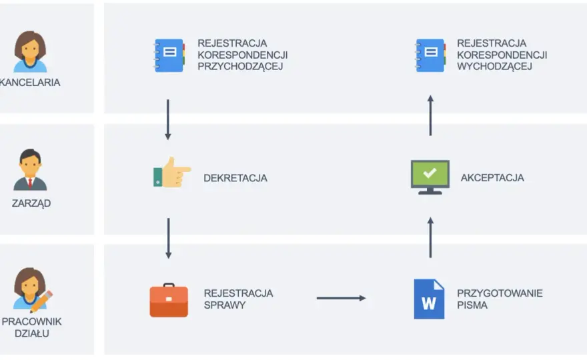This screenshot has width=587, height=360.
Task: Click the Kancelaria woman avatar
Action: (x=30, y=51)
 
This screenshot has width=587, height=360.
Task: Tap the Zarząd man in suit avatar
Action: (x=30, y=169)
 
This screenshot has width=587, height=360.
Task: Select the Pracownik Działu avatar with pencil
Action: (x=33, y=289)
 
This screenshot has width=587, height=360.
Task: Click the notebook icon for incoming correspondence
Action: (x=169, y=55)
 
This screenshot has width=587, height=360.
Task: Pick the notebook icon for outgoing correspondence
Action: (x=430, y=55)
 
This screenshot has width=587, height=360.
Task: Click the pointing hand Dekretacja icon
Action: (x=172, y=172)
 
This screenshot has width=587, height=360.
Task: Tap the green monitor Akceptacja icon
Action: (x=430, y=177)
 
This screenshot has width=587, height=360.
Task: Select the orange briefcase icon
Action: (x=169, y=300)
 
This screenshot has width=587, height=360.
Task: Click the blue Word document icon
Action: (x=429, y=299)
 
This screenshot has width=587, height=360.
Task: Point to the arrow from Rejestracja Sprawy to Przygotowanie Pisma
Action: (x=341, y=298)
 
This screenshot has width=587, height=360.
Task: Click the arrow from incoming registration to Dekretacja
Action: (x=168, y=120)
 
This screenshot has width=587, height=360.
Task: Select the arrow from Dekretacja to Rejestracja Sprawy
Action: (x=169, y=239)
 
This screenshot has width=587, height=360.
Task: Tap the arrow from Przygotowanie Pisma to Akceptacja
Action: (x=430, y=237)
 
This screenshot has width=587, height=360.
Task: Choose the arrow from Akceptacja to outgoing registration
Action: (x=430, y=115)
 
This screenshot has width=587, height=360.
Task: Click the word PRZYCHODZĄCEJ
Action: (x=240, y=67)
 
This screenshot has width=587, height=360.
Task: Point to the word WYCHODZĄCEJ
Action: (x=494, y=67)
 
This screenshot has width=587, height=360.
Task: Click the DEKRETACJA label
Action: (x=235, y=178)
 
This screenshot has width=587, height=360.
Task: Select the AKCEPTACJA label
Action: (x=492, y=178)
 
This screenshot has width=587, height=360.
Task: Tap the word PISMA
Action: (x=472, y=305)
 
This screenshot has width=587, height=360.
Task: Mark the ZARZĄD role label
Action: (x=31, y=203)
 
